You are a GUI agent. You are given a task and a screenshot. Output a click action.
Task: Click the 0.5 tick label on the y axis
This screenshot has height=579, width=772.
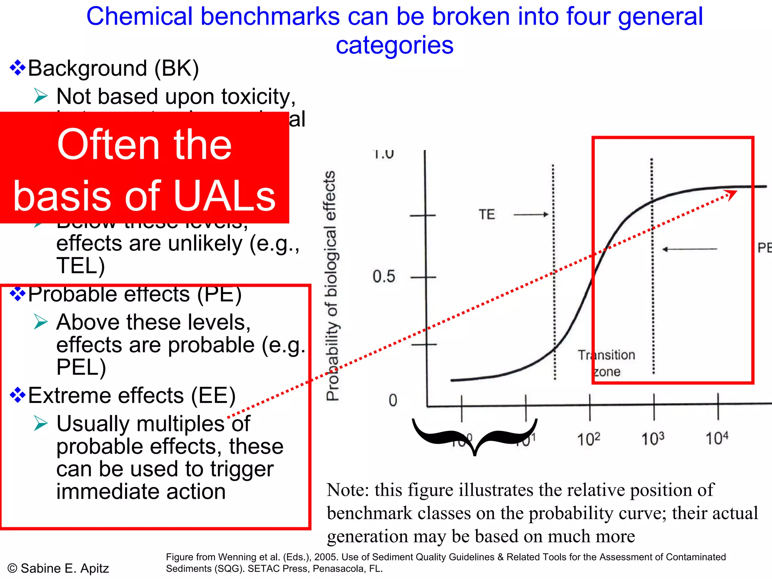pos(384,277)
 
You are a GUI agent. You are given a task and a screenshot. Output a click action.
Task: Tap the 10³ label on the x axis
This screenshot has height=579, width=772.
pos(653,439)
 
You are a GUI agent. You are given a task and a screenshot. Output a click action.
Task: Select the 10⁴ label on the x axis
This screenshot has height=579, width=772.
pos(717,438)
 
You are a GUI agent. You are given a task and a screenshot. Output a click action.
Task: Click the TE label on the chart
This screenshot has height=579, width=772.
pos(487,214)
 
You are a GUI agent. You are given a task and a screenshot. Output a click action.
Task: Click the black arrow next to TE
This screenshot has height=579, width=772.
pos(531,214)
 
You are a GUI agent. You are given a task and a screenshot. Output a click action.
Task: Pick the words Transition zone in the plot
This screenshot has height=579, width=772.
pos(606,363)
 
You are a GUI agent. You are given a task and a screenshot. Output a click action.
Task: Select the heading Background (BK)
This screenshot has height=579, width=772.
pos(113,68)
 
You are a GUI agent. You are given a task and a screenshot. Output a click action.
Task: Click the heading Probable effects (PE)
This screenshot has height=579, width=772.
pos(135,294)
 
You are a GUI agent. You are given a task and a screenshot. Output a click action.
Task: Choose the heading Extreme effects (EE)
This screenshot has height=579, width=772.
pos(132,395)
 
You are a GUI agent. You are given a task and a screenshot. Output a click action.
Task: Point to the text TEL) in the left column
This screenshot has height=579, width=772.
pos(80,266)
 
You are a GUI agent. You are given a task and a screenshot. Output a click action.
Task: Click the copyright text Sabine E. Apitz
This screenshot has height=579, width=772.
pos(64,568)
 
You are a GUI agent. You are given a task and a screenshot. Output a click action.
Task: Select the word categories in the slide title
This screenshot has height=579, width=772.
pos(394,45)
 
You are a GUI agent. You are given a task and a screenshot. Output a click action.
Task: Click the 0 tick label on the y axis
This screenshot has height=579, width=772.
pos(393,400)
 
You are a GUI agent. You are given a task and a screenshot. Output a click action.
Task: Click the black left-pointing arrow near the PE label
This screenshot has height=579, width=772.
pos(689,249)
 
